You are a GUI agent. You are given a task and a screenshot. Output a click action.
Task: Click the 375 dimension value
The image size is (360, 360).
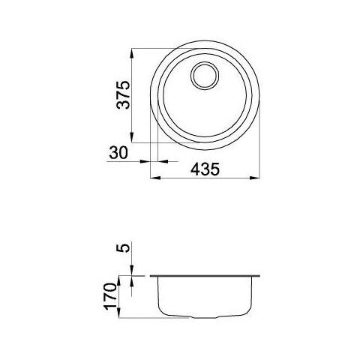pyautogui.click(x=125, y=96)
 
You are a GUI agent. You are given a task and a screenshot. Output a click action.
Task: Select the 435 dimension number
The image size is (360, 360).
pyautogui.click(x=204, y=169)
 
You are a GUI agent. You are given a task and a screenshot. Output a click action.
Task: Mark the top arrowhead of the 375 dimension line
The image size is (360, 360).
pyautogui.click(x=132, y=52)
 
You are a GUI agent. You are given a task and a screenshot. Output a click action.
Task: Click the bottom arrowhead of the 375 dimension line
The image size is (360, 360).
pyautogui.click(x=132, y=139)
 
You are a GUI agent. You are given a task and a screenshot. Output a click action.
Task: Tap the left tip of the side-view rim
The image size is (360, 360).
pyautogui.click(x=150, y=275)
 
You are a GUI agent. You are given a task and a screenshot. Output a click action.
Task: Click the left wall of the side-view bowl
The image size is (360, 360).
pyautogui.click(x=157, y=296)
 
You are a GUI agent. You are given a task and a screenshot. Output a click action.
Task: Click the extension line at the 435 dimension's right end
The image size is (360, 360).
pyautogui.click(x=262, y=150)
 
